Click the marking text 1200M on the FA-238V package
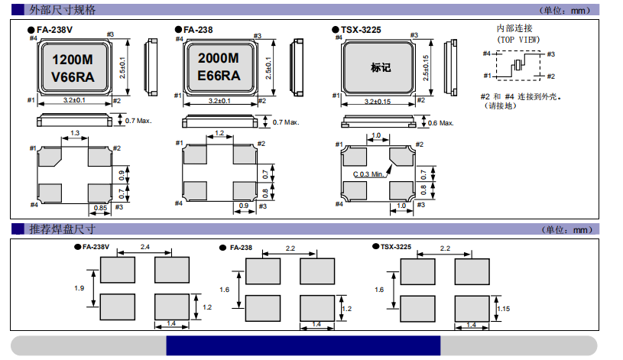click(73, 60)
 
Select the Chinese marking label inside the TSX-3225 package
click(380, 67)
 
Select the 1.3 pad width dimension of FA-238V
click(75, 134)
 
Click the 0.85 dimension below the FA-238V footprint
click(100, 207)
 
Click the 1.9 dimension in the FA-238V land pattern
click(79, 287)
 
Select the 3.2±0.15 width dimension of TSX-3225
click(379, 102)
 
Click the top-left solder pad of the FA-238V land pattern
click(117, 269)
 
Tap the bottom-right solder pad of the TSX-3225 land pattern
click(472, 307)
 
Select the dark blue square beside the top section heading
click(17, 10)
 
